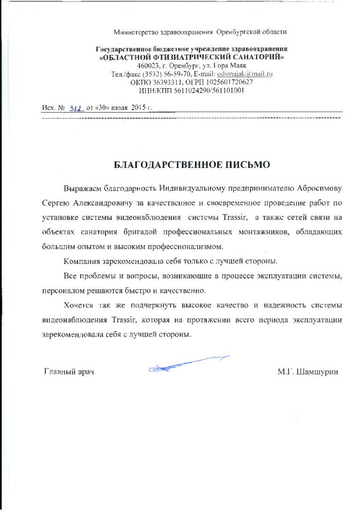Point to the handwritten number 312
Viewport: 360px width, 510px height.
(76, 108)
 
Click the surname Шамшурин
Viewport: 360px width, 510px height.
(317, 372)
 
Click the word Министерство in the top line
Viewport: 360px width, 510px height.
(136, 32)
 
